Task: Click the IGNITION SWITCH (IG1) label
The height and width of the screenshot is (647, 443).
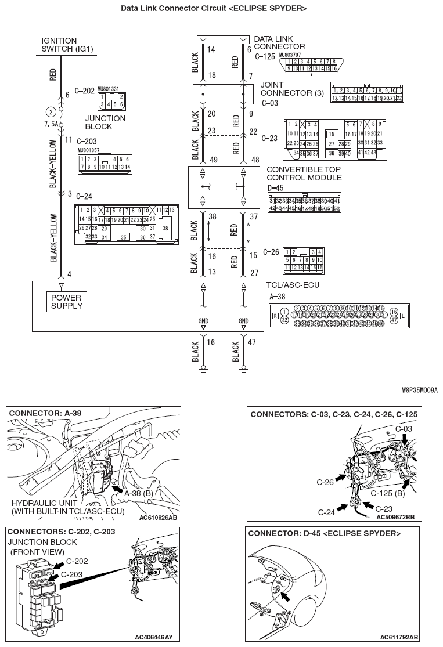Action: click(63, 45)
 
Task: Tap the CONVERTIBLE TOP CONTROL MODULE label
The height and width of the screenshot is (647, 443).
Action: click(304, 174)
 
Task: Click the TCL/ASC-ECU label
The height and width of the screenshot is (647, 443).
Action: click(293, 285)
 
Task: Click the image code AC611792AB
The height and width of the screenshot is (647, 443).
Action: click(399, 637)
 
